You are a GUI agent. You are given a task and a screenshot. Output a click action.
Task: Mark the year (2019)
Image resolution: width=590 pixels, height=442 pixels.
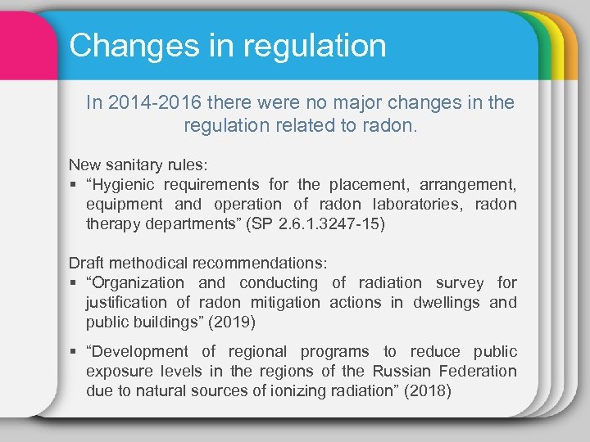pyautogui.click(x=234, y=322)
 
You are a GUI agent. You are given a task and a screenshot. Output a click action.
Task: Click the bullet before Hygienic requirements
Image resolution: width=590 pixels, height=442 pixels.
pyautogui.click(x=73, y=184)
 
